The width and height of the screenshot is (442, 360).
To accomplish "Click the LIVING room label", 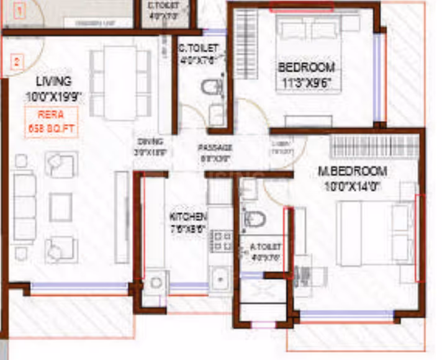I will (x=53, y=81).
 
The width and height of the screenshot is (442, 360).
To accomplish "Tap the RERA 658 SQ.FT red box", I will (x=52, y=122).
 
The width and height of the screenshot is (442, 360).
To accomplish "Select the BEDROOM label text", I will (x=306, y=67).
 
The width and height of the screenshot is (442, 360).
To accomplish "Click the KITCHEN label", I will (x=188, y=217).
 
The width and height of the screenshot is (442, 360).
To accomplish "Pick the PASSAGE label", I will (x=215, y=148).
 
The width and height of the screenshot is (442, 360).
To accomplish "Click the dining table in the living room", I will (x=120, y=83).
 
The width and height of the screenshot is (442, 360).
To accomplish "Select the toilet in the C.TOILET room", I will (x=213, y=88).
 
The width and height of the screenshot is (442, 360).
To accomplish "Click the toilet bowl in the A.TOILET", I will (x=254, y=218).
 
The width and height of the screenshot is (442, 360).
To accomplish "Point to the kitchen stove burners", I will (x=220, y=242).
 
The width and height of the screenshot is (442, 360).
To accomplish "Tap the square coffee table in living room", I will (x=61, y=207).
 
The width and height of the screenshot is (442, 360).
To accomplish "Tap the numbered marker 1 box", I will (x=20, y=9).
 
